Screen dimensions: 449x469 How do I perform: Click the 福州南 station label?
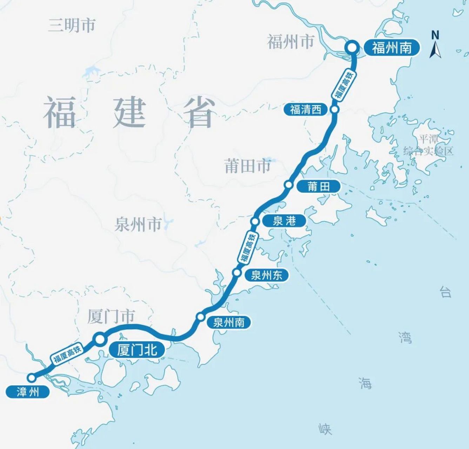[x=391, y=47]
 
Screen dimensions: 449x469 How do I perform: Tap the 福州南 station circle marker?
[x=352, y=47]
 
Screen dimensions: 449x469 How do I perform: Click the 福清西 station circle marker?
[x=335, y=109]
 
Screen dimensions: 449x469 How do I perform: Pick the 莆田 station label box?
[x=319, y=187]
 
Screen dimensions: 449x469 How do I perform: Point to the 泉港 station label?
[x=284, y=221]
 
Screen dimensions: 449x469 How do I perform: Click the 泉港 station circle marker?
[x=255, y=221]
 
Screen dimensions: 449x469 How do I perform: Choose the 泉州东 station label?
[x=266, y=275]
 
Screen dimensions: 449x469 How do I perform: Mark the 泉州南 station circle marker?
[x=200, y=317]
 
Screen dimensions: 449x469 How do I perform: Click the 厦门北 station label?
[x=137, y=350]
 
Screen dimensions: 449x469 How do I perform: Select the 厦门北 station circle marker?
[x=100, y=339]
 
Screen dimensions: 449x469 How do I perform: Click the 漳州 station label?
[x=28, y=391]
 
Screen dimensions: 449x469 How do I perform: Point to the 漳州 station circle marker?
[x=32, y=378]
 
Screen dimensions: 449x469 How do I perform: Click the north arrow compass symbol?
[x=435, y=45]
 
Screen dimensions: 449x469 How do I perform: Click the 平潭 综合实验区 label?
[x=428, y=145]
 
